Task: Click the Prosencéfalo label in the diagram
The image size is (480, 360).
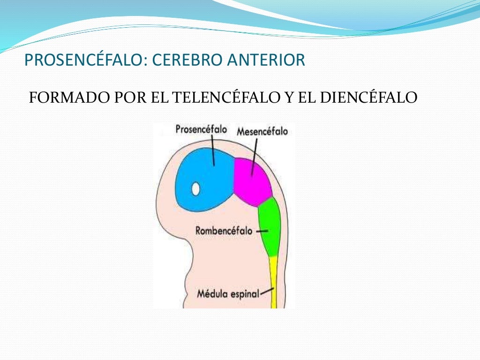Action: point(201,129)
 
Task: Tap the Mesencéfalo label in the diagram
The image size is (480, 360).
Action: point(262,132)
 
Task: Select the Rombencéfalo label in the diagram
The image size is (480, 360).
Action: point(224,231)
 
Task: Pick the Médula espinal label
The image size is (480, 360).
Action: point(228,294)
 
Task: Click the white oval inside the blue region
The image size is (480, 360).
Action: point(195,189)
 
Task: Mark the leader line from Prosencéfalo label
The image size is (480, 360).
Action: point(213,150)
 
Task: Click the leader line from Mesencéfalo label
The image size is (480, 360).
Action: point(255,157)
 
